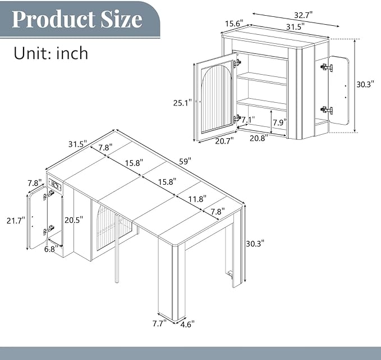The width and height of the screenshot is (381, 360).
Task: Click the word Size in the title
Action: point(122,19)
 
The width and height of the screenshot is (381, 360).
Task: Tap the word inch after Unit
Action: point(72,53)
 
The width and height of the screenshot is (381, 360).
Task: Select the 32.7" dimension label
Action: point(304,15)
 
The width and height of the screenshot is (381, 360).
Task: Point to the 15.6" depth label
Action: point(234,24)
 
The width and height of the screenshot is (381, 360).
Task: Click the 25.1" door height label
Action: point(182,103)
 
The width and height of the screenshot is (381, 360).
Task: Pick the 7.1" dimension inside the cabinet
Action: point(248,120)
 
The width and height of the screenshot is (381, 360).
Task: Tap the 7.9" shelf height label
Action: point(279,122)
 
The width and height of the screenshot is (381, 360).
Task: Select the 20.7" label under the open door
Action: point(225,140)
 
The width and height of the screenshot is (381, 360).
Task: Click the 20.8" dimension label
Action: point(259,138)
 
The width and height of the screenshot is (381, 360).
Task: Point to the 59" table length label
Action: point(185,161)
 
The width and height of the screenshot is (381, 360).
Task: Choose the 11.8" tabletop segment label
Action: point(198,199)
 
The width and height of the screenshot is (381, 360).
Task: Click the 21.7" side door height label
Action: point(16,221)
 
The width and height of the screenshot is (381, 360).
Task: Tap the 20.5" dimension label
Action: point(74,220)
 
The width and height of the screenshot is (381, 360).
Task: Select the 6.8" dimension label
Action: point(51,249)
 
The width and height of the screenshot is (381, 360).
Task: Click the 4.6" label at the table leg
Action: point(187,324)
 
